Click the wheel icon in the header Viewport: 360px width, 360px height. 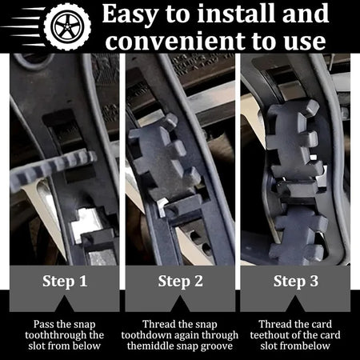click(x=67, y=26)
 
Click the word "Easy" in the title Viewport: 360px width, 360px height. click(x=130, y=14)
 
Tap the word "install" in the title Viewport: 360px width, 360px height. click(x=237, y=13)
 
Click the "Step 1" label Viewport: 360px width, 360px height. click(x=65, y=282)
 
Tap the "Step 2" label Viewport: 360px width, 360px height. click(x=180, y=282)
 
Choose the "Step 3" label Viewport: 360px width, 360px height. click(x=296, y=282)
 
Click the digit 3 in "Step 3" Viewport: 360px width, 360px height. click(x=314, y=281)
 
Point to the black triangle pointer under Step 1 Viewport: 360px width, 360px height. click(x=64, y=305)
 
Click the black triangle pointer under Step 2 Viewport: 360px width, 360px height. click(x=180, y=305)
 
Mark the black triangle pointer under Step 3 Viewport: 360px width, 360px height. click(x=296, y=305)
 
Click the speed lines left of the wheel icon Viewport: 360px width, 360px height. click(x=22, y=26)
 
